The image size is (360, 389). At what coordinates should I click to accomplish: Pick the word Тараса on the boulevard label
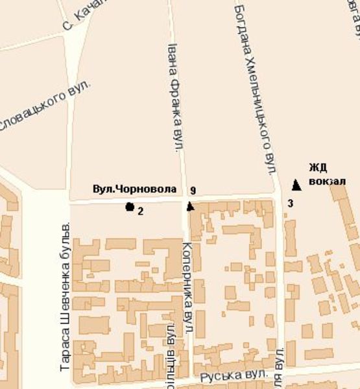coord(65,354)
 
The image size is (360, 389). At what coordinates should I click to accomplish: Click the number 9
coord(193,191)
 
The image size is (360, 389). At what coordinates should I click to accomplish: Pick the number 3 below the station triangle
coord(290,204)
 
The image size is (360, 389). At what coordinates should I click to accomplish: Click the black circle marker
coord(130,207)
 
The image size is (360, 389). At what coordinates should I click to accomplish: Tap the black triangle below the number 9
coord(190,206)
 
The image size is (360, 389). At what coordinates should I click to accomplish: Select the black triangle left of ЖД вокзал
coord(296,185)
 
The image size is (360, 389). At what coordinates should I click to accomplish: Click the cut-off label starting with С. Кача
coord(80,19)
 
